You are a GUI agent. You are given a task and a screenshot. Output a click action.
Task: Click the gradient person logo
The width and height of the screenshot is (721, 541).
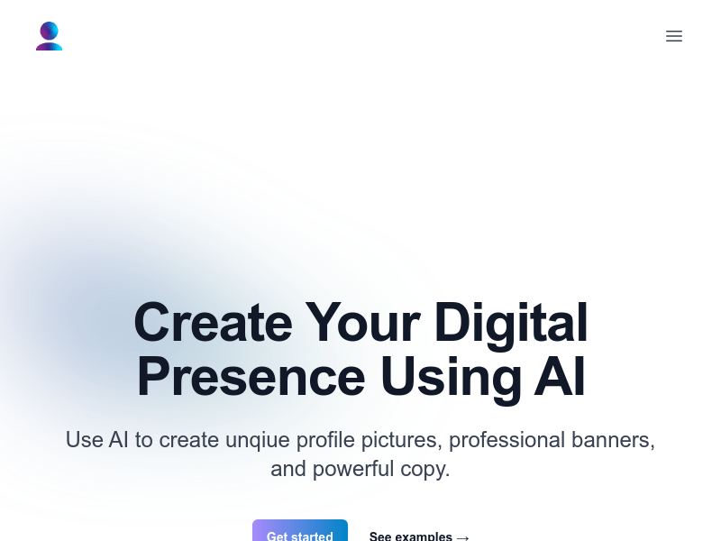click(x=50, y=36)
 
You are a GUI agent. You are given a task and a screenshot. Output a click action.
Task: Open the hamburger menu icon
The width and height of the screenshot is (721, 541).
click(x=673, y=36)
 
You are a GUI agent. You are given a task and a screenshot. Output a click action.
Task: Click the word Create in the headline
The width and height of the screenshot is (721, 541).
click(x=213, y=323)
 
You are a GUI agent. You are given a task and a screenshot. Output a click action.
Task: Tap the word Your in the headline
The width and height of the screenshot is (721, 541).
click(x=363, y=323)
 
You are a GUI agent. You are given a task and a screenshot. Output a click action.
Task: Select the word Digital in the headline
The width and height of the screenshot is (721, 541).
click(x=511, y=324)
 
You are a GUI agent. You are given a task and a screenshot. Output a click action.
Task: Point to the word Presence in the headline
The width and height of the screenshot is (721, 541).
click(x=251, y=377)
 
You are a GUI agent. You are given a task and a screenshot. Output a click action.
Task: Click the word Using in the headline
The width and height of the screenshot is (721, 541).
click(x=451, y=379)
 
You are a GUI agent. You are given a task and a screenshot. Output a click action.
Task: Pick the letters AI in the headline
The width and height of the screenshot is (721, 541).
click(x=560, y=376)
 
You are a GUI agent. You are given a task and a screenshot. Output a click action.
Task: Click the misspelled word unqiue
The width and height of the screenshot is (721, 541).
click(x=258, y=440)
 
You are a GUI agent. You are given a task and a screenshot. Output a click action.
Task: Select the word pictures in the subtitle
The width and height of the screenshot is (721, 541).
click(x=401, y=440)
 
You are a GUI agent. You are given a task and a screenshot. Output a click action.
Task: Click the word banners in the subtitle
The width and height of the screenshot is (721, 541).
click(x=613, y=440)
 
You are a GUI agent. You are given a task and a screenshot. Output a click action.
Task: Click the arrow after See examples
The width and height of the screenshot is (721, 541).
click(x=462, y=537)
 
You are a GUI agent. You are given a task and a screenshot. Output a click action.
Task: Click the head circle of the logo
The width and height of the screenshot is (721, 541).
click(x=50, y=31)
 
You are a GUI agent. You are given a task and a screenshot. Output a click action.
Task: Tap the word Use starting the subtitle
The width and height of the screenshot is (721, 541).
click(x=85, y=440)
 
